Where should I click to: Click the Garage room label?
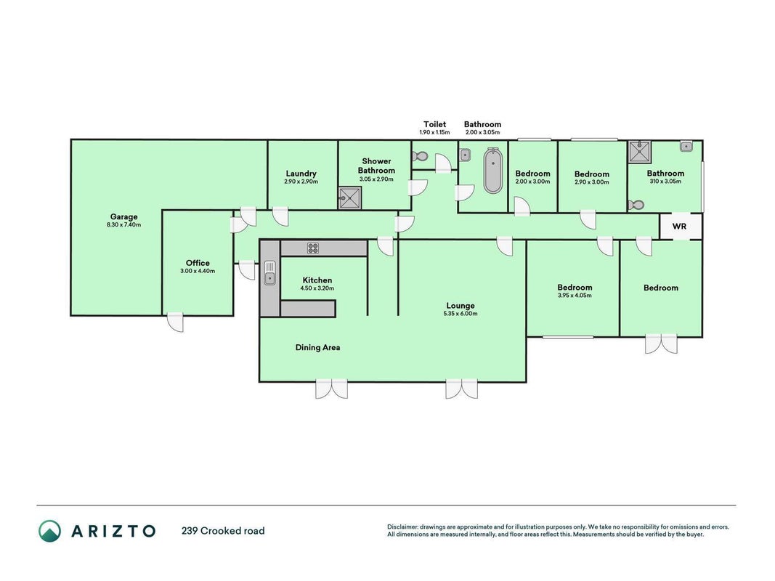[x=123, y=216]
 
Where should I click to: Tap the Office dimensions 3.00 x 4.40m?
[x=198, y=271]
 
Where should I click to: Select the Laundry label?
[x=301, y=174]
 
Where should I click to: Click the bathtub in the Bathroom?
[x=492, y=171]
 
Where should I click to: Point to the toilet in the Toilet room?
[x=420, y=156]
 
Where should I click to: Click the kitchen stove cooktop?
[x=313, y=248]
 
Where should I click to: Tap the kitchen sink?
[x=269, y=273]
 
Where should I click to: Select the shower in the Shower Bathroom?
[x=350, y=198]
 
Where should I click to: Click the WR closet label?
[x=680, y=227]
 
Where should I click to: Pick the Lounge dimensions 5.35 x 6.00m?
[x=460, y=313]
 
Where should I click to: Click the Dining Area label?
[x=318, y=347]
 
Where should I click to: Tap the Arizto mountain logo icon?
[x=50, y=531]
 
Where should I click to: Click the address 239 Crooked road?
[x=223, y=531]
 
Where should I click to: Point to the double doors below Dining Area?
[x=332, y=389]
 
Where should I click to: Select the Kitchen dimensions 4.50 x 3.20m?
[x=317, y=288]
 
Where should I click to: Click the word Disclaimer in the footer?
[x=402, y=527]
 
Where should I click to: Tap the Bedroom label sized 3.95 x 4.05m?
[x=575, y=287]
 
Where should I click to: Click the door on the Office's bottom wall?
[x=176, y=322]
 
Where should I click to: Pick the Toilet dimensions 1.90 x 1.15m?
[x=435, y=132]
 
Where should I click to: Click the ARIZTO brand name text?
[x=114, y=531]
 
